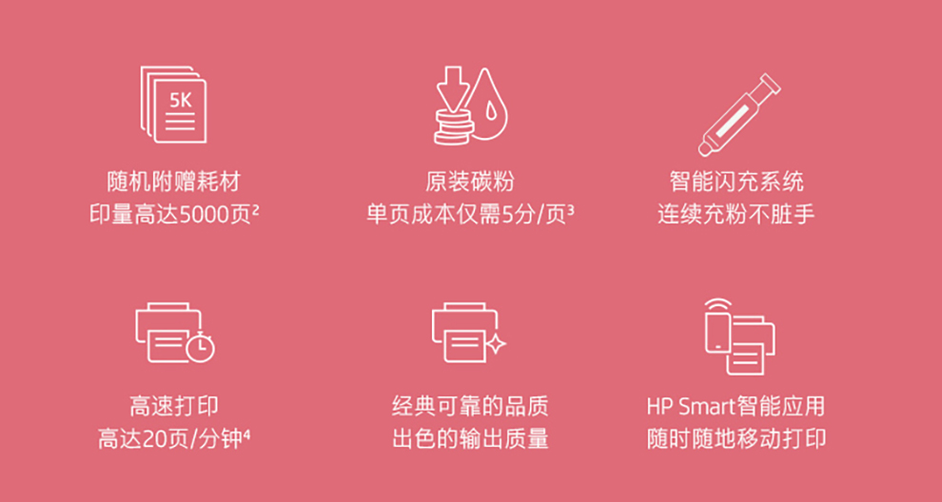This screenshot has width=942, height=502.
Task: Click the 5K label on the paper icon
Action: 180,100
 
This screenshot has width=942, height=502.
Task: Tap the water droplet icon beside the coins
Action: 488,106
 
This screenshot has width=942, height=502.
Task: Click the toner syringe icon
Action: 739,115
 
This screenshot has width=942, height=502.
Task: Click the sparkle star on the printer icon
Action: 497,344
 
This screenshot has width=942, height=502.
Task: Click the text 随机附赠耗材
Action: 173,182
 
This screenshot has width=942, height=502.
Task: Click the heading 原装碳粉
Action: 470,182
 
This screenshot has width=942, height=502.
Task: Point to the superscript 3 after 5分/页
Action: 570,210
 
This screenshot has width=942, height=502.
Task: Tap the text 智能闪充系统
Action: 736,182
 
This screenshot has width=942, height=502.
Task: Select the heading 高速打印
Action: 173,407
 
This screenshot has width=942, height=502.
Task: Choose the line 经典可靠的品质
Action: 470,407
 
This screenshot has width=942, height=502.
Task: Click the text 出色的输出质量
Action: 470,439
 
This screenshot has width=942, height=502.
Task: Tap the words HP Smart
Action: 690,407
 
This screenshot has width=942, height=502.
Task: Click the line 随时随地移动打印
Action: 736,439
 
